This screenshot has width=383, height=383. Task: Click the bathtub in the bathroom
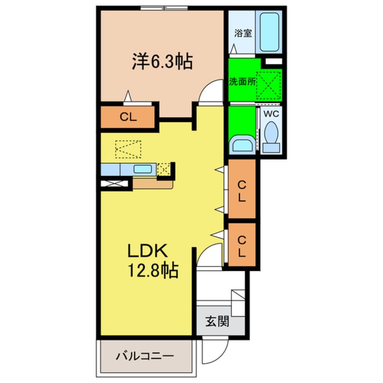point(269,32)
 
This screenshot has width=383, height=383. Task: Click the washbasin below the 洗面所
point(242,144)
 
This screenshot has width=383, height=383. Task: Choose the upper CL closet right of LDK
point(242,189)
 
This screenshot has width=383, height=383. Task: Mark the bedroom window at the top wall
point(164,8)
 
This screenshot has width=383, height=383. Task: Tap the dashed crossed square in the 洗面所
point(268,84)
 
